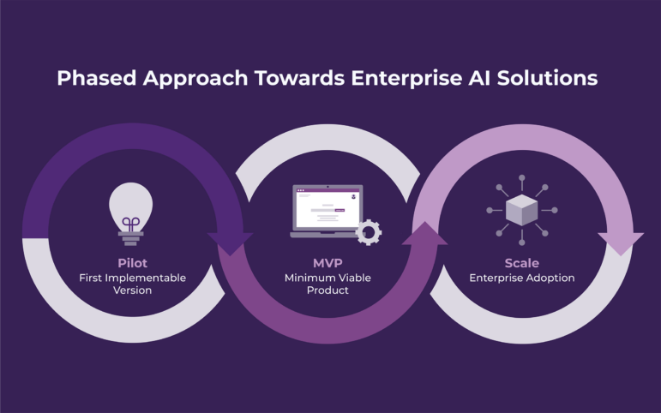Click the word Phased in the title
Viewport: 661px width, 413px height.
tap(97, 78)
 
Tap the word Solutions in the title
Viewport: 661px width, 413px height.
tap(547, 78)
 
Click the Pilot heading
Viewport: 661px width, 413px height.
tap(132, 263)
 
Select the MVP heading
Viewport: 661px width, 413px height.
tap(327, 263)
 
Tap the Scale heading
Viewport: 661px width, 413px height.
tap(522, 263)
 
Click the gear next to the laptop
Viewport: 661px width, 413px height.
tap(369, 232)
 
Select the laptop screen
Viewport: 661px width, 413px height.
tap(327, 208)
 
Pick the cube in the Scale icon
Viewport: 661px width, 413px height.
tap(522, 210)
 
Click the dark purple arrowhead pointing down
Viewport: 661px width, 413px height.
tap(230, 243)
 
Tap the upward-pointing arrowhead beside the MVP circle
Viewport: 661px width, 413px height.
tap(425, 233)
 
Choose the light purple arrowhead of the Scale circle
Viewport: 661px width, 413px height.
tap(621, 243)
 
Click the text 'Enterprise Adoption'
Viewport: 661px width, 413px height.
tap(522, 278)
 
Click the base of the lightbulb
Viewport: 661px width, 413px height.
tap(130, 238)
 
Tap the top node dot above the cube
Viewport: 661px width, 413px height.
tap(522, 178)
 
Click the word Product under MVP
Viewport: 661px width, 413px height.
tap(327, 290)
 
